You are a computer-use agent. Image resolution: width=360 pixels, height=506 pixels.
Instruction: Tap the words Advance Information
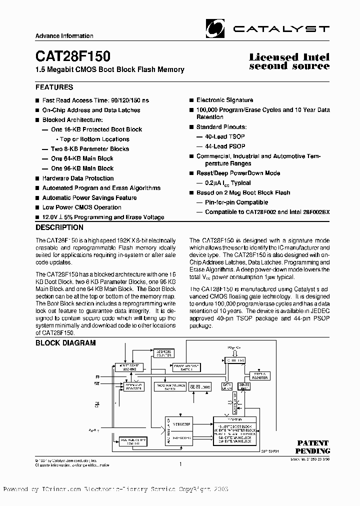point(64,36)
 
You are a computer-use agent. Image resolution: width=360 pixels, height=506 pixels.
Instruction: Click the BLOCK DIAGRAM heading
point(65,343)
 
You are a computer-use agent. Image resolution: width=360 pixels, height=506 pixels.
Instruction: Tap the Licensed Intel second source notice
point(289,61)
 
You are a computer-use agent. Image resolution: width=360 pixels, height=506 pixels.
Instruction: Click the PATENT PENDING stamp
point(313,446)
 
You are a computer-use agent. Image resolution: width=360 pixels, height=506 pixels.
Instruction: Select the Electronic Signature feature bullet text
point(224,100)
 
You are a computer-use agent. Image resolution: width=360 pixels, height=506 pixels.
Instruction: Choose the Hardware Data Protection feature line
point(77,178)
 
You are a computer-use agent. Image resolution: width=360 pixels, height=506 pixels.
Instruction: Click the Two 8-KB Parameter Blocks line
point(90,149)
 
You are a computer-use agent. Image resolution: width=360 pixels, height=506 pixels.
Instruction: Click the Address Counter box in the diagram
point(162,353)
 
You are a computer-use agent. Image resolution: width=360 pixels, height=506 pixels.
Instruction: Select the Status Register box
point(260,376)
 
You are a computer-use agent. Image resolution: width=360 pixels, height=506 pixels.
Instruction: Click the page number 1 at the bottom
point(179,464)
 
